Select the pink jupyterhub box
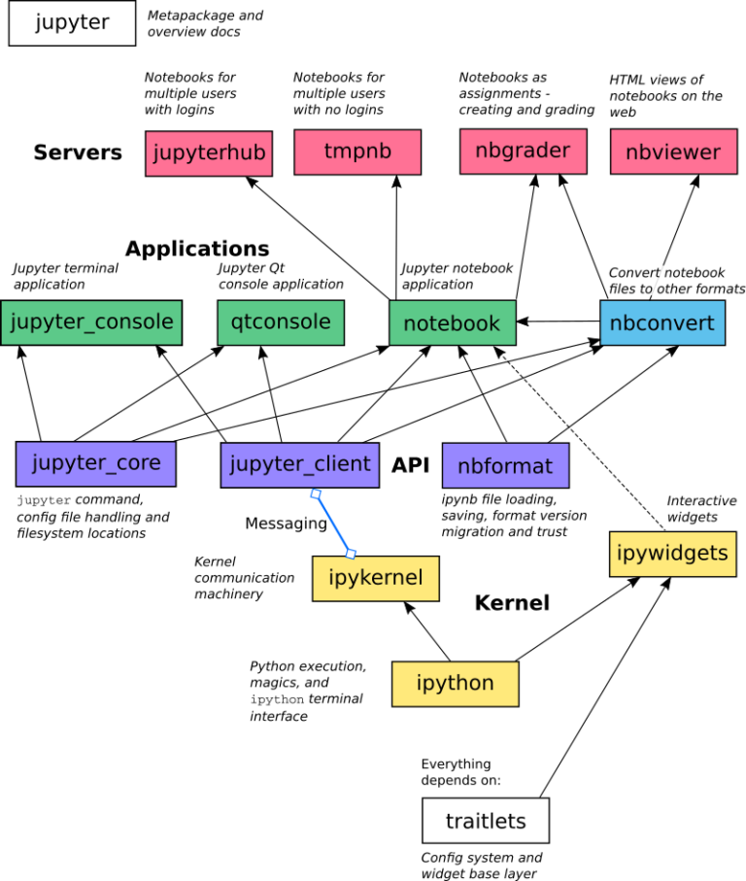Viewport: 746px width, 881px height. [x=208, y=153]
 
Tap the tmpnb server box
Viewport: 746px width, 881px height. [x=356, y=152]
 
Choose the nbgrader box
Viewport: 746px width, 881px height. [x=523, y=152]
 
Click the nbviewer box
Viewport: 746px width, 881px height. [x=673, y=152]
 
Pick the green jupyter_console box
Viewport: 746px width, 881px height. [x=91, y=322]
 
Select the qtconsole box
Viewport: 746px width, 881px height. [x=281, y=322]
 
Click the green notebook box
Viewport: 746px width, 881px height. [x=452, y=323]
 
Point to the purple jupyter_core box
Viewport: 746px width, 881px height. [x=95, y=463]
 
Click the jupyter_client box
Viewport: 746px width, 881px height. [x=299, y=464]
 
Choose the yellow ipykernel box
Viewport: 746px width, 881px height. [x=375, y=579]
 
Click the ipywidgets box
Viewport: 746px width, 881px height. [x=672, y=554]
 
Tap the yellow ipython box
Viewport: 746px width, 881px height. [x=455, y=684]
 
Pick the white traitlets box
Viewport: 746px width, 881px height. [x=486, y=821]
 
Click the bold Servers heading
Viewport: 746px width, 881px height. [x=78, y=152]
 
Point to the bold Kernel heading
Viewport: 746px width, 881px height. [x=512, y=603]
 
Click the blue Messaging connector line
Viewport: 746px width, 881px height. [x=333, y=525]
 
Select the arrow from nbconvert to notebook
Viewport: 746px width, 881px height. [x=558, y=322]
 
